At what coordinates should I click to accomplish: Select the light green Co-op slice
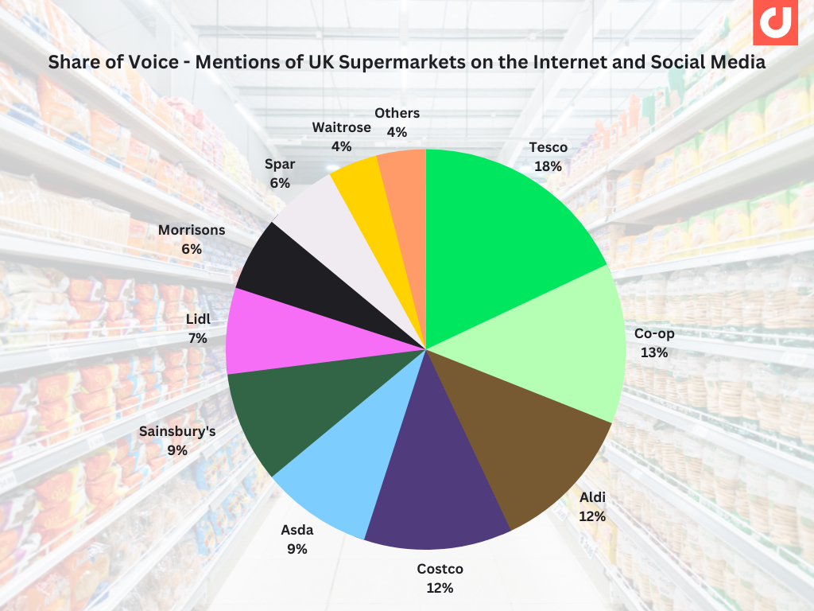(x=548, y=342)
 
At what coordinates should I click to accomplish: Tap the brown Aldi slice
(x=525, y=446)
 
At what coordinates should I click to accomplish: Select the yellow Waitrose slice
(x=358, y=191)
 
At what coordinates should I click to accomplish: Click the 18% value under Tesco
(x=548, y=166)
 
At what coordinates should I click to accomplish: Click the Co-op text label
(x=654, y=333)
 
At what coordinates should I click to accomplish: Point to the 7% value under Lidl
(x=198, y=338)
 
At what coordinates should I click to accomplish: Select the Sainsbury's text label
(x=177, y=431)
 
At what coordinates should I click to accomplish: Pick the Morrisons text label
(x=192, y=230)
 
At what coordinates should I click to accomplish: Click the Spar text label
(x=279, y=164)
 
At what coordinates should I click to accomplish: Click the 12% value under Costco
(x=440, y=588)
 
